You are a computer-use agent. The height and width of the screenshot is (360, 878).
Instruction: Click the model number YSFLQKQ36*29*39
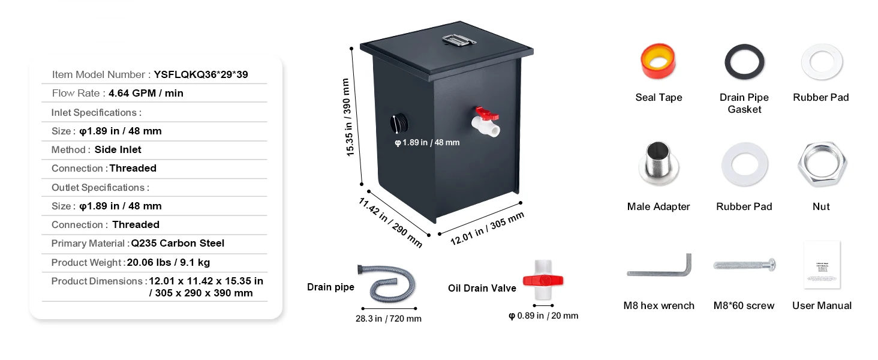(x=201, y=74)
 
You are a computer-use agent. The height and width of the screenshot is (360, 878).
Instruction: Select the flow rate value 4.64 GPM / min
(x=146, y=93)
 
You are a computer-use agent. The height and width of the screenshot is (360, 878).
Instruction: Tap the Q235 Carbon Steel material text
(x=178, y=243)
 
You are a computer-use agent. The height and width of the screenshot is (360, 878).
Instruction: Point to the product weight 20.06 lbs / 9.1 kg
(x=169, y=262)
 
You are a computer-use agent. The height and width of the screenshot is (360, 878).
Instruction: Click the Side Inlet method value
(x=118, y=149)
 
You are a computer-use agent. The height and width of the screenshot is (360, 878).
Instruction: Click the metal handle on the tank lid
(x=459, y=40)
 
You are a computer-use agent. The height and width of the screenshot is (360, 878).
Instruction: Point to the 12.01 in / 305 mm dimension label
(x=487, y=229)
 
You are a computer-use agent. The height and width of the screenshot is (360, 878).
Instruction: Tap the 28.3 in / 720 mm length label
(x=389, y=319)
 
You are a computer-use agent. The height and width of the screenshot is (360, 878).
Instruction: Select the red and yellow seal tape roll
(x=658, y=61)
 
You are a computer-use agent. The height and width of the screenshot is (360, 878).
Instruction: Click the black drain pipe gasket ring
(x=744, y=62)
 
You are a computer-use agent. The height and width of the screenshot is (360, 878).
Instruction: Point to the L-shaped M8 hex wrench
(x=659, y=267)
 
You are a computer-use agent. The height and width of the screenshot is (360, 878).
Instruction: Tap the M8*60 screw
(x=744, y=265)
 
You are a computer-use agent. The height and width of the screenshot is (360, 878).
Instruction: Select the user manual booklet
(x=822, y=266)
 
